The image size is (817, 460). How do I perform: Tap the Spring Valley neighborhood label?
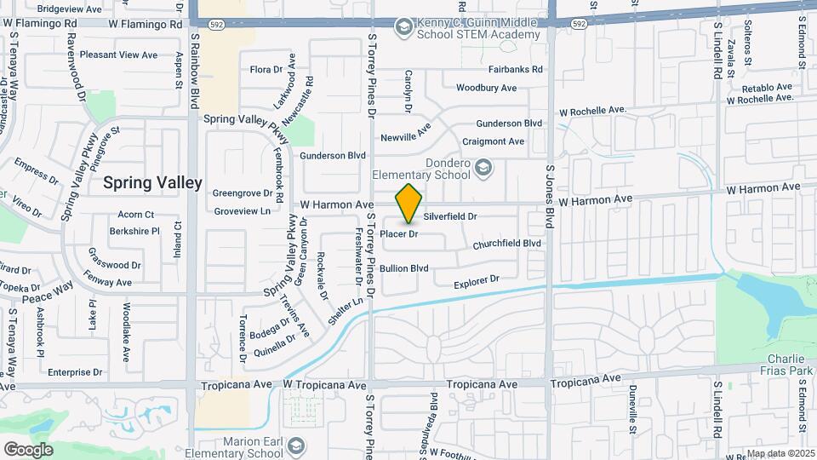pos(153,183)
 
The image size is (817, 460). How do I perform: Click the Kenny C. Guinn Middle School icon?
pos(403,28)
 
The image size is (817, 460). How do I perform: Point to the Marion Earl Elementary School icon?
pos(295,446)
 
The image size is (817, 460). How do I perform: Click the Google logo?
pos(28,450)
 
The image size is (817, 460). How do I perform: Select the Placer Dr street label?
pos(398,233)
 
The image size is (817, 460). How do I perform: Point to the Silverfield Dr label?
pos(450,217)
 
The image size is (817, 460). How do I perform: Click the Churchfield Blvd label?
pos(507,244)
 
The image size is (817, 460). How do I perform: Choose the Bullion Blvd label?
pos(403,268)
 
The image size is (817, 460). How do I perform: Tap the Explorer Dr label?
pos(476,281)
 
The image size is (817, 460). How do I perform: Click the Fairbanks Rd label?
pos(516,70)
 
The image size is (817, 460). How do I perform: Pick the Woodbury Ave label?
pos(486,88)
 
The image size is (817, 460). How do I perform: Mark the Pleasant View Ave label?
pos(118,55)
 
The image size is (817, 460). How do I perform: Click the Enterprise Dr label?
pos(75,372)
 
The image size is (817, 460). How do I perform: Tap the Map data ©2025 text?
pos(780,453)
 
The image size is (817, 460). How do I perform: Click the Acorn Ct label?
pos(136,215)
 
